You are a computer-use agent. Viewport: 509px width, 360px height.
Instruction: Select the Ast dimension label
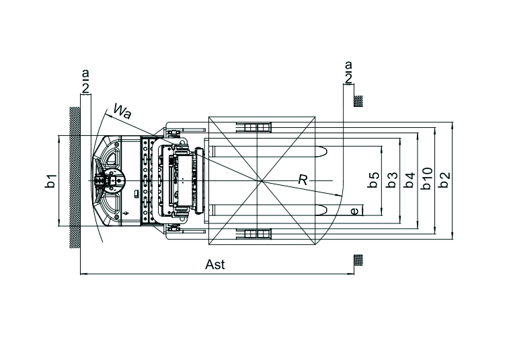[x=214, y=264]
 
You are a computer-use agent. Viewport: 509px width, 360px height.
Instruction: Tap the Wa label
[x=122, y=110]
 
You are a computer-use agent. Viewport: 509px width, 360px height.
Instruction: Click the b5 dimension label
[x=375, y=180]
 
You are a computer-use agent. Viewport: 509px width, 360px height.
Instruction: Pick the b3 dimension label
[x=392, y=180]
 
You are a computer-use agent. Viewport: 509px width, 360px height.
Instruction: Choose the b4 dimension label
[x=409, y=180]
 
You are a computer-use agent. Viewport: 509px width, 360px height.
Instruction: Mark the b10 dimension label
[x=426, y=179]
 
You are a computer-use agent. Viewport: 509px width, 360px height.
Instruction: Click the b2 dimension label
[x=444, y=180]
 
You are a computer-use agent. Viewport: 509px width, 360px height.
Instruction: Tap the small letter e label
[x=354, y=211]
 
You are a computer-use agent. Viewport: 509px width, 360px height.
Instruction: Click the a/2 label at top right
[x=348, y=73]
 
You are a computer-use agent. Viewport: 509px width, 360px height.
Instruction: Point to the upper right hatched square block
[x=359, y=101]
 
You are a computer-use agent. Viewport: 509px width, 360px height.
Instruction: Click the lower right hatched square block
[x=359, y=260]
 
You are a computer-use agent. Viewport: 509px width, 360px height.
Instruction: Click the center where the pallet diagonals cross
[x=262, y=182]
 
